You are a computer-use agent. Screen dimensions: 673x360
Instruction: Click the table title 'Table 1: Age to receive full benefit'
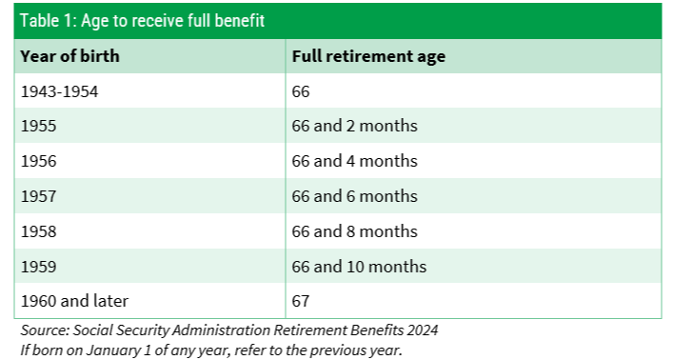pos(142,21)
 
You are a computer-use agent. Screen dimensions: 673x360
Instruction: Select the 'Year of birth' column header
pos(69,56)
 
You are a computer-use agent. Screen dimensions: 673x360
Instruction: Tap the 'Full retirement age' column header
pos(368,57)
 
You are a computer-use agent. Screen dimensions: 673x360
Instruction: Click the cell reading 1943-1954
pos(60,91)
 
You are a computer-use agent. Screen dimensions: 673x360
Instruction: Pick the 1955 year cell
pos(39,126)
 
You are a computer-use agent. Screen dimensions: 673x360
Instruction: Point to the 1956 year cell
pos(39,161)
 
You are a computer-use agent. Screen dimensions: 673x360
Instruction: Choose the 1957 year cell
pos(39,196)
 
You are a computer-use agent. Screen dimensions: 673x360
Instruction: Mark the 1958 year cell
pos(39,231)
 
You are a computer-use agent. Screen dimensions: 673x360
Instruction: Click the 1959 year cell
pos(39,267)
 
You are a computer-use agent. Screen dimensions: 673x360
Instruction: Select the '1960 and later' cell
pos(74,301)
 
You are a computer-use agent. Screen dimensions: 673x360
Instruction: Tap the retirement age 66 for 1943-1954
pos(301,91)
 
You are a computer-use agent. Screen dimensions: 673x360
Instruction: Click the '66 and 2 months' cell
pos(354,126)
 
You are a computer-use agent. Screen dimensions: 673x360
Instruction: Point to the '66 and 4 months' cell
pos(354,161)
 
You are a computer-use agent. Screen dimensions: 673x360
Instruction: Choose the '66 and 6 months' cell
pos(354,196)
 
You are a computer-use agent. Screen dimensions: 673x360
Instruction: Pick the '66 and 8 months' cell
pos(354,231)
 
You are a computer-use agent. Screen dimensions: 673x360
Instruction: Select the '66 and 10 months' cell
pos(359,267)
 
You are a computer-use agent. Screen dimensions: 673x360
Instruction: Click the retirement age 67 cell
pos(301,301)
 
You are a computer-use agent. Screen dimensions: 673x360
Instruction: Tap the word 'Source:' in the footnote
pos(45,330)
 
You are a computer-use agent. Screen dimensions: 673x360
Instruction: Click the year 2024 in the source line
pos(423,330)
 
